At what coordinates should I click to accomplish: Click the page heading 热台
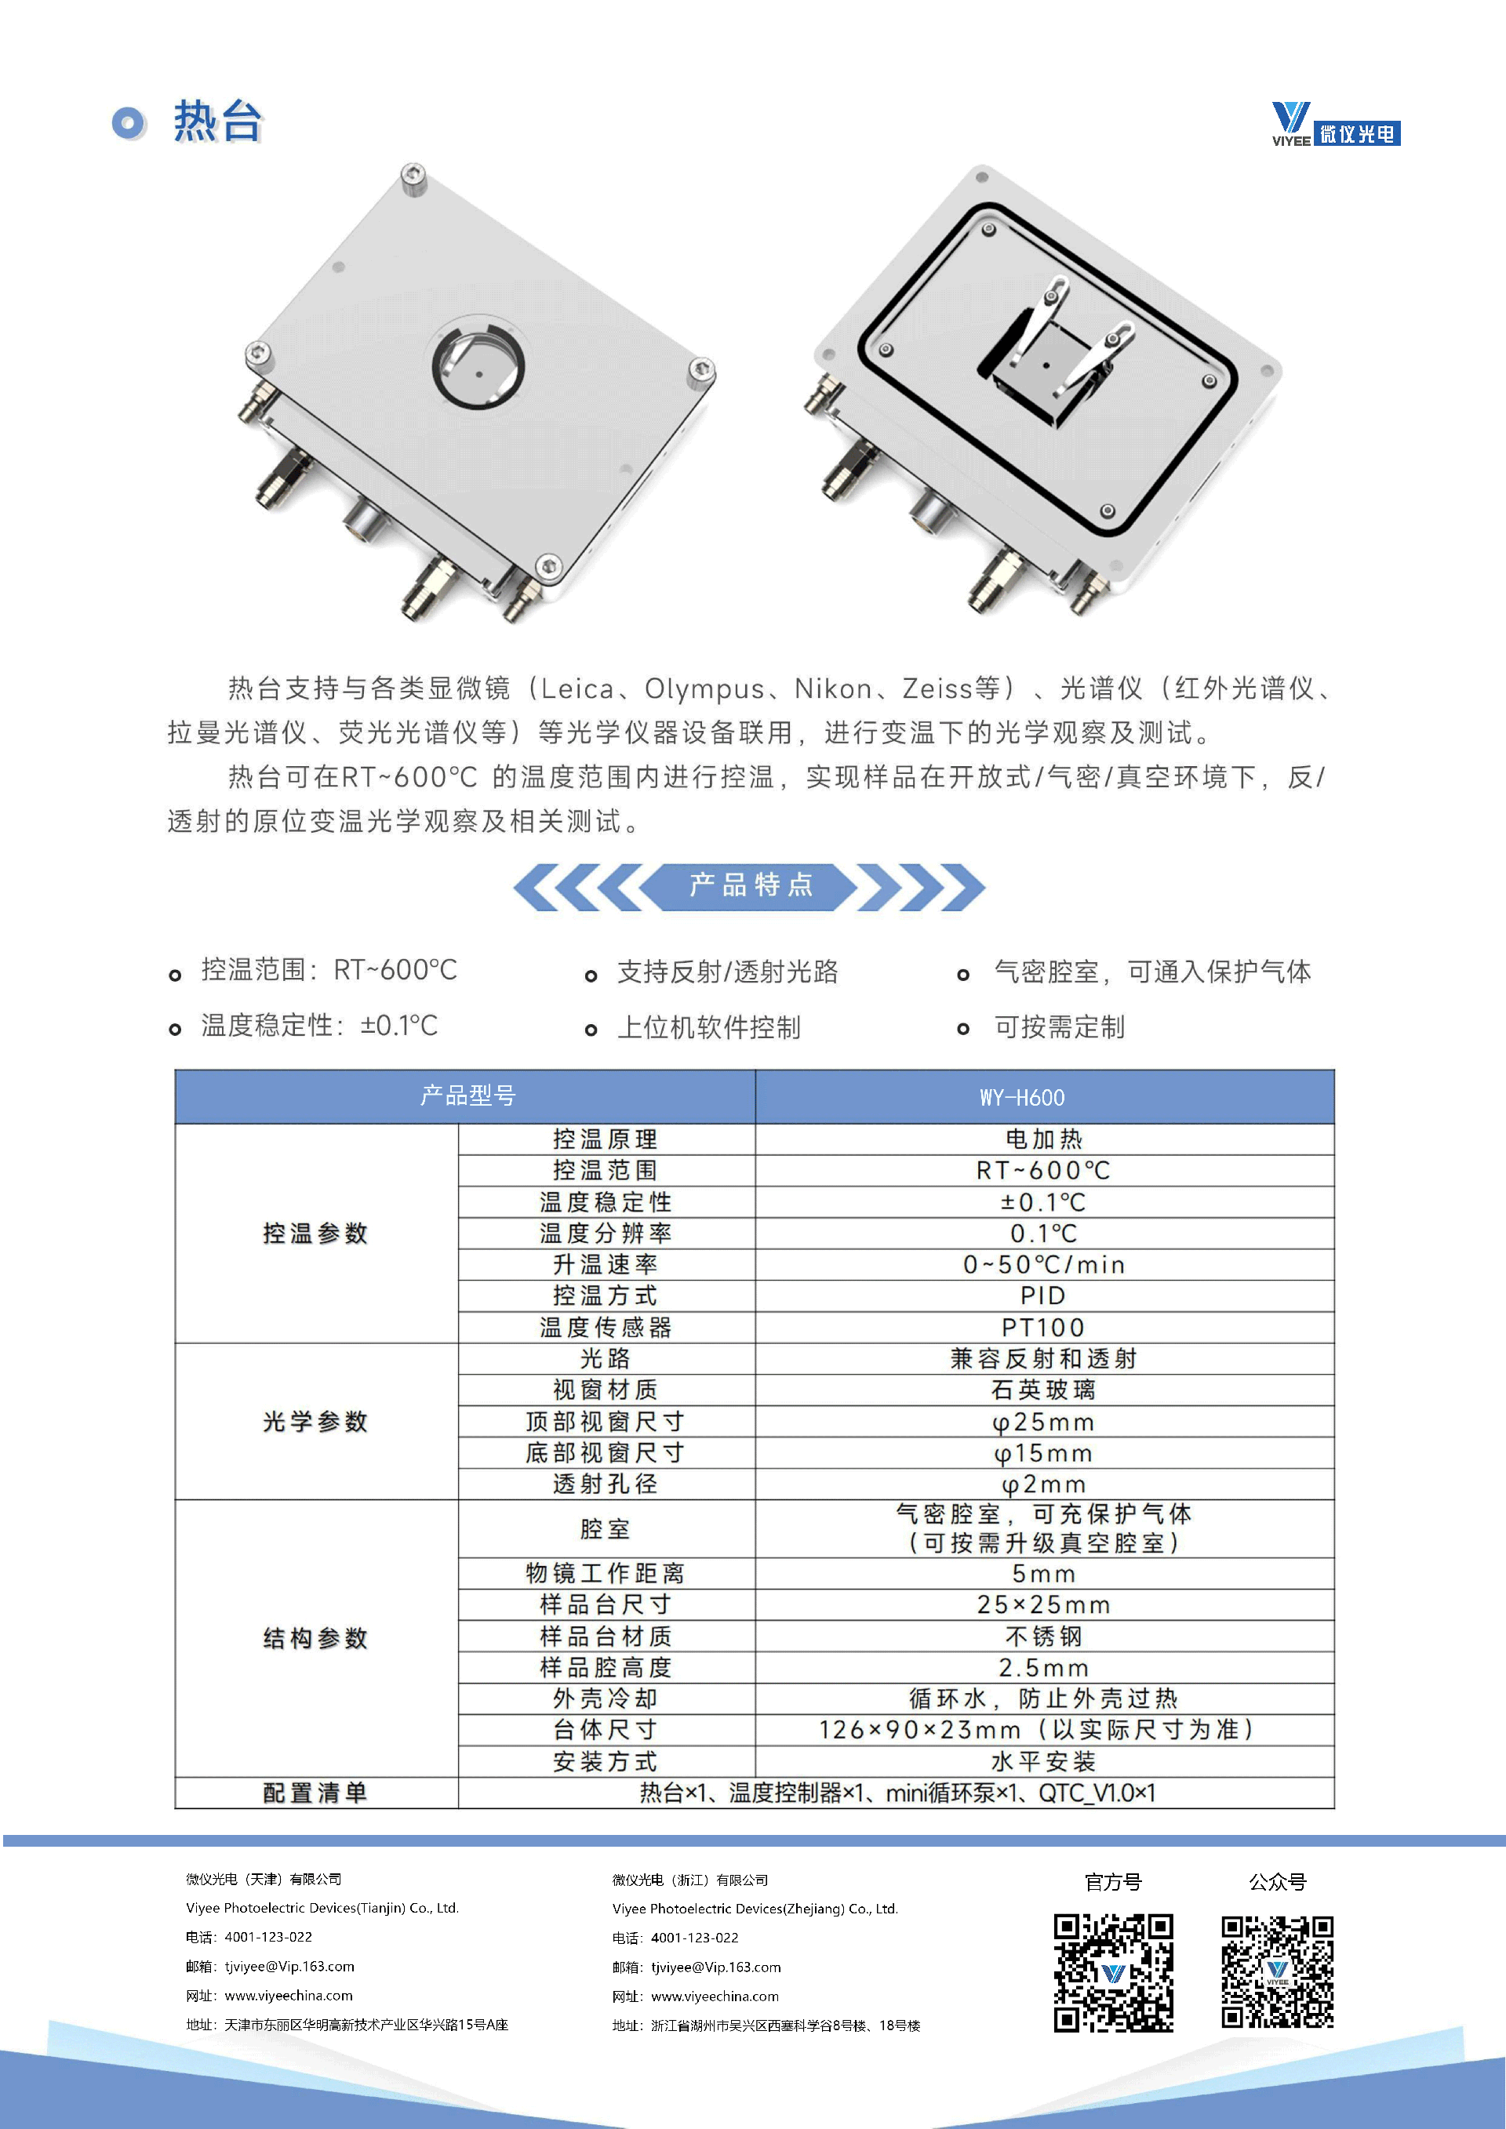click(x=218, y=122)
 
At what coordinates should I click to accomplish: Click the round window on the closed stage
click(x=478, y=364)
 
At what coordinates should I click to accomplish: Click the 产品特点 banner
click(x=750, y=885)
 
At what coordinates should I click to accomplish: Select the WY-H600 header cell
click(x=1044, y=1097)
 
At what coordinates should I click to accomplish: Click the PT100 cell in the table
click(x=1044, y=1327)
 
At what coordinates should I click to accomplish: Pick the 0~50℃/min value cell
click(x=1044, y=1265)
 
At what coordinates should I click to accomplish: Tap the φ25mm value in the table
click(x=1044, y=1422)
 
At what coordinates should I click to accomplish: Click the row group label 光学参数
click(x=315, y=1422)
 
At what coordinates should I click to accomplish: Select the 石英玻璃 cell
click(x=1044, y=1390)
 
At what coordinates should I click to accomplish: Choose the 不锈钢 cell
click(x=1044, y=1636)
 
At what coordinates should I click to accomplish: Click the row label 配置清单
click(x=315, y=1793)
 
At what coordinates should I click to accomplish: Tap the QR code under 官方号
click(x=1113, y=1973)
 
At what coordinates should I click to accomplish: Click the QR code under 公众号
click(x=1277, y=1973)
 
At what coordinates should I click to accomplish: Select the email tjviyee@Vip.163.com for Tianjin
click(x=289, y=1966)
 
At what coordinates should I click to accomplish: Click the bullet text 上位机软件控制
click(x=709, y=1027)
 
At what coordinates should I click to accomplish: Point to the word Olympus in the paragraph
click(x=705, y=689)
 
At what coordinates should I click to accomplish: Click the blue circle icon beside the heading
click(x=129, y=123)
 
